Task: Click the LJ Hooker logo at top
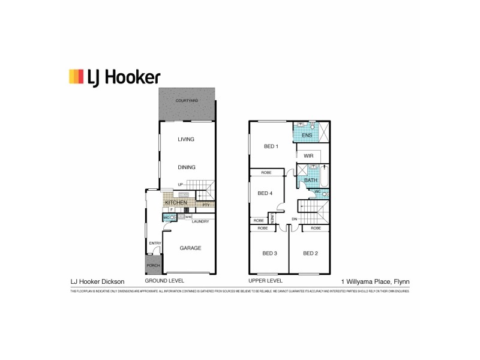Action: coord(114,76)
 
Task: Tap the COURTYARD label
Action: coord(187,100)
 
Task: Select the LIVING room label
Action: coord(187,139)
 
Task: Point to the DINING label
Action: coord(187,167)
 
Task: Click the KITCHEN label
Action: coord(176,203)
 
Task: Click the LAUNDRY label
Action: coord(200,221)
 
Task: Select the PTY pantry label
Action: coord(206,205)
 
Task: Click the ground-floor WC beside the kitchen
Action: coord(166,217)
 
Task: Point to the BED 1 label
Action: coord(271,146)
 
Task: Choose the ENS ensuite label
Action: coord(307,136)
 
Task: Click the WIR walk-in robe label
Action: coord(309,156)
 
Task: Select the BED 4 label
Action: coord(265,193)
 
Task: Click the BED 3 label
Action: coord(269,253)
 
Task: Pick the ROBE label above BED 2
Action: coord(315,229)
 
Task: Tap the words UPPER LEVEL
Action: coord(265,281)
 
